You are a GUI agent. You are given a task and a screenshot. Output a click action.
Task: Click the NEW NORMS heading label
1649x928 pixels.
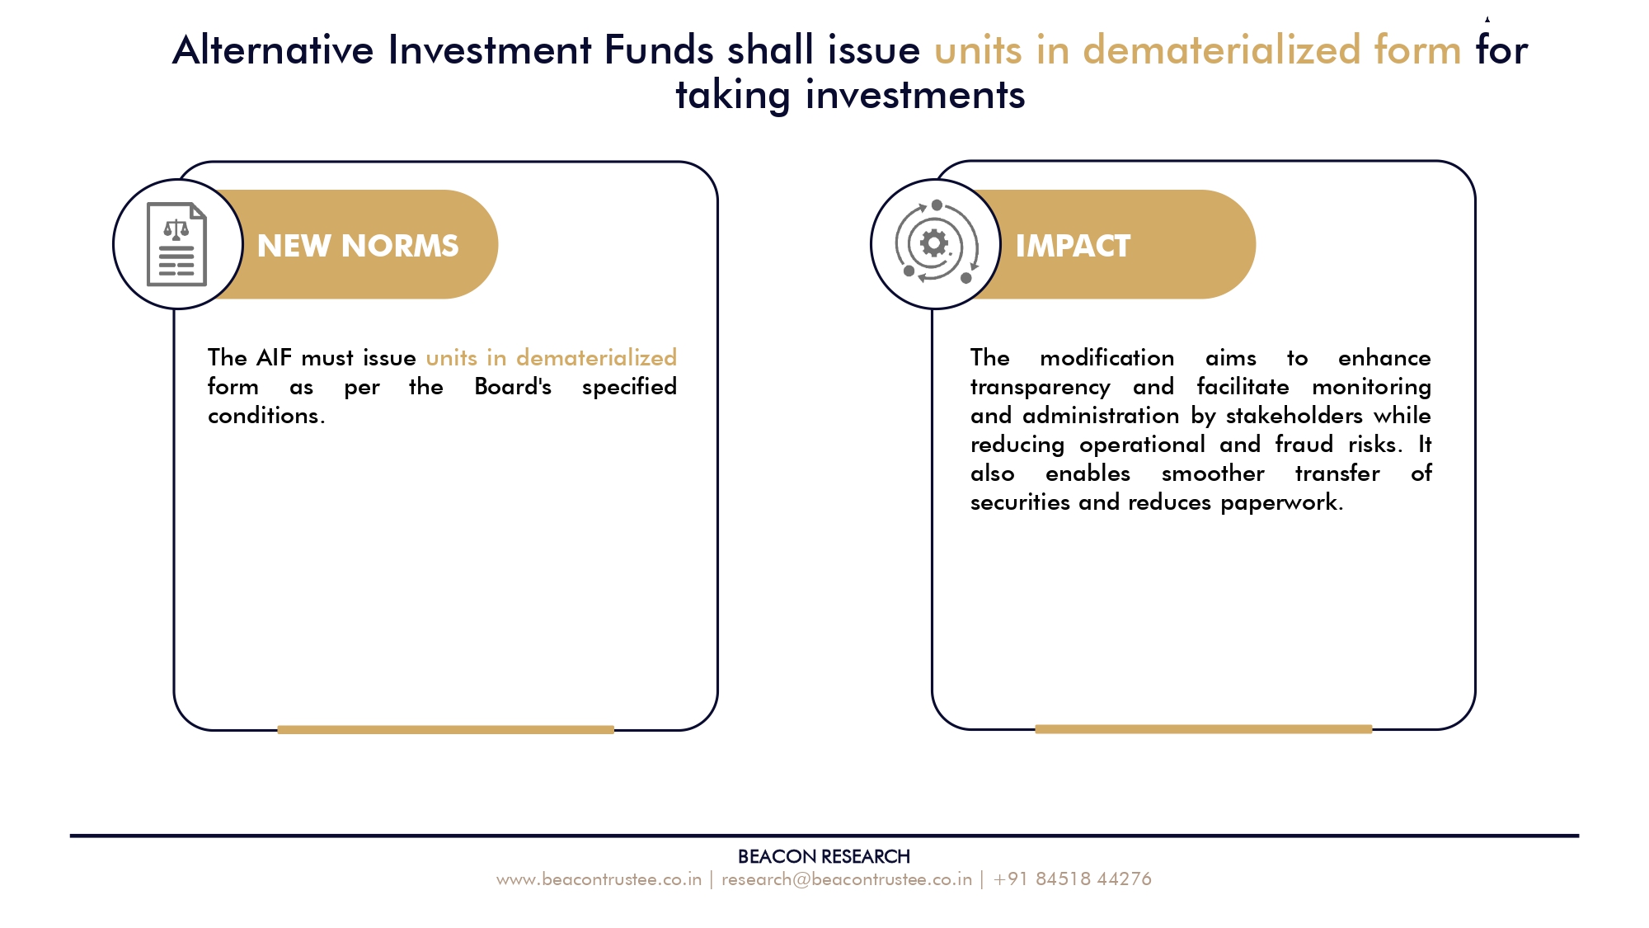point(358,246)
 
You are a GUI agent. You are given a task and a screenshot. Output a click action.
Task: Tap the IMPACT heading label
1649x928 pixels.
point(1073,246)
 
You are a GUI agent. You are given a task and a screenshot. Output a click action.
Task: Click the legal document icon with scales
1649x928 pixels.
point(176,244)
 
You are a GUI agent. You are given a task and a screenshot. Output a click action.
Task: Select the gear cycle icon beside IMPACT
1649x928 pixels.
point(936,243)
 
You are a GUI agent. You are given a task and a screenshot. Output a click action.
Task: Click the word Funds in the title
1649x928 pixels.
point(659,49)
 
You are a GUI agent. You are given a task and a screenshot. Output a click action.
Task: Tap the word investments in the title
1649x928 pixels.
point(915,95)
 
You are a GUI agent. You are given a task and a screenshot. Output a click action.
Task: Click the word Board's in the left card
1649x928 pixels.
point(513,387)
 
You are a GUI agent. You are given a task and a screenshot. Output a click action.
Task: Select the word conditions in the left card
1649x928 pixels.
point(264,416)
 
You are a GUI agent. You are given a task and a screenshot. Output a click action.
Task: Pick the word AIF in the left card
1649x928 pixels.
point(275,358)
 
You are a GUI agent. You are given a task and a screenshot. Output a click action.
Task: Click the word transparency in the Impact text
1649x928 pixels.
point(1041,388)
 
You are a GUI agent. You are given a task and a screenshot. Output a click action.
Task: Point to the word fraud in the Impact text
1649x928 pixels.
point(1304,445)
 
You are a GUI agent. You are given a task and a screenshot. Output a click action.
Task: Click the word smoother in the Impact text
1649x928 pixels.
point(1213,473)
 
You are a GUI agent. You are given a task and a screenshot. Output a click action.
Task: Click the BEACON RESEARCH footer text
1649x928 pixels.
point(824,857)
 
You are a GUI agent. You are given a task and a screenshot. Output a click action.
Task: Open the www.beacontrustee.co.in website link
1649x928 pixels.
point(599,879)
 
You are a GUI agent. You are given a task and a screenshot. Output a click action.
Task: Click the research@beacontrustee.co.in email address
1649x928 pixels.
point(847,879)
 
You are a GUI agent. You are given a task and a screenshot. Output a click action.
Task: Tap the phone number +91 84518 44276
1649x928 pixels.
point(1073,879)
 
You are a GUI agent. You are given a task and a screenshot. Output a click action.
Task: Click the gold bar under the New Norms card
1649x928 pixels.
point(446,729)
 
